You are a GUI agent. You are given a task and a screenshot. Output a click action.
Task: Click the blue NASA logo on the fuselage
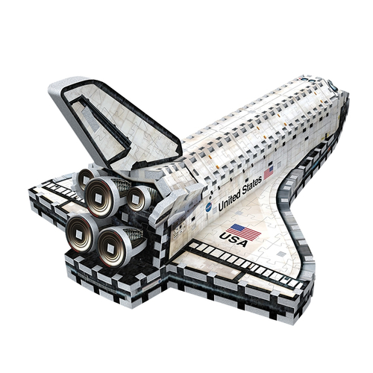(209, 207)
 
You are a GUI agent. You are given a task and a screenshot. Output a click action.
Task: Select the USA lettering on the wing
(233, 239)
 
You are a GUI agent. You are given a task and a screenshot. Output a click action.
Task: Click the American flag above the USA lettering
(244, 232)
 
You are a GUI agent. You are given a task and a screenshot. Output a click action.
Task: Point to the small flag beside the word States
(269, 172)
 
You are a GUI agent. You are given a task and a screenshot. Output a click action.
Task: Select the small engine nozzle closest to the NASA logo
(137, 198)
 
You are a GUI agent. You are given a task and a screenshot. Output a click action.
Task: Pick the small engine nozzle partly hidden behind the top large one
(84, 178)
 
